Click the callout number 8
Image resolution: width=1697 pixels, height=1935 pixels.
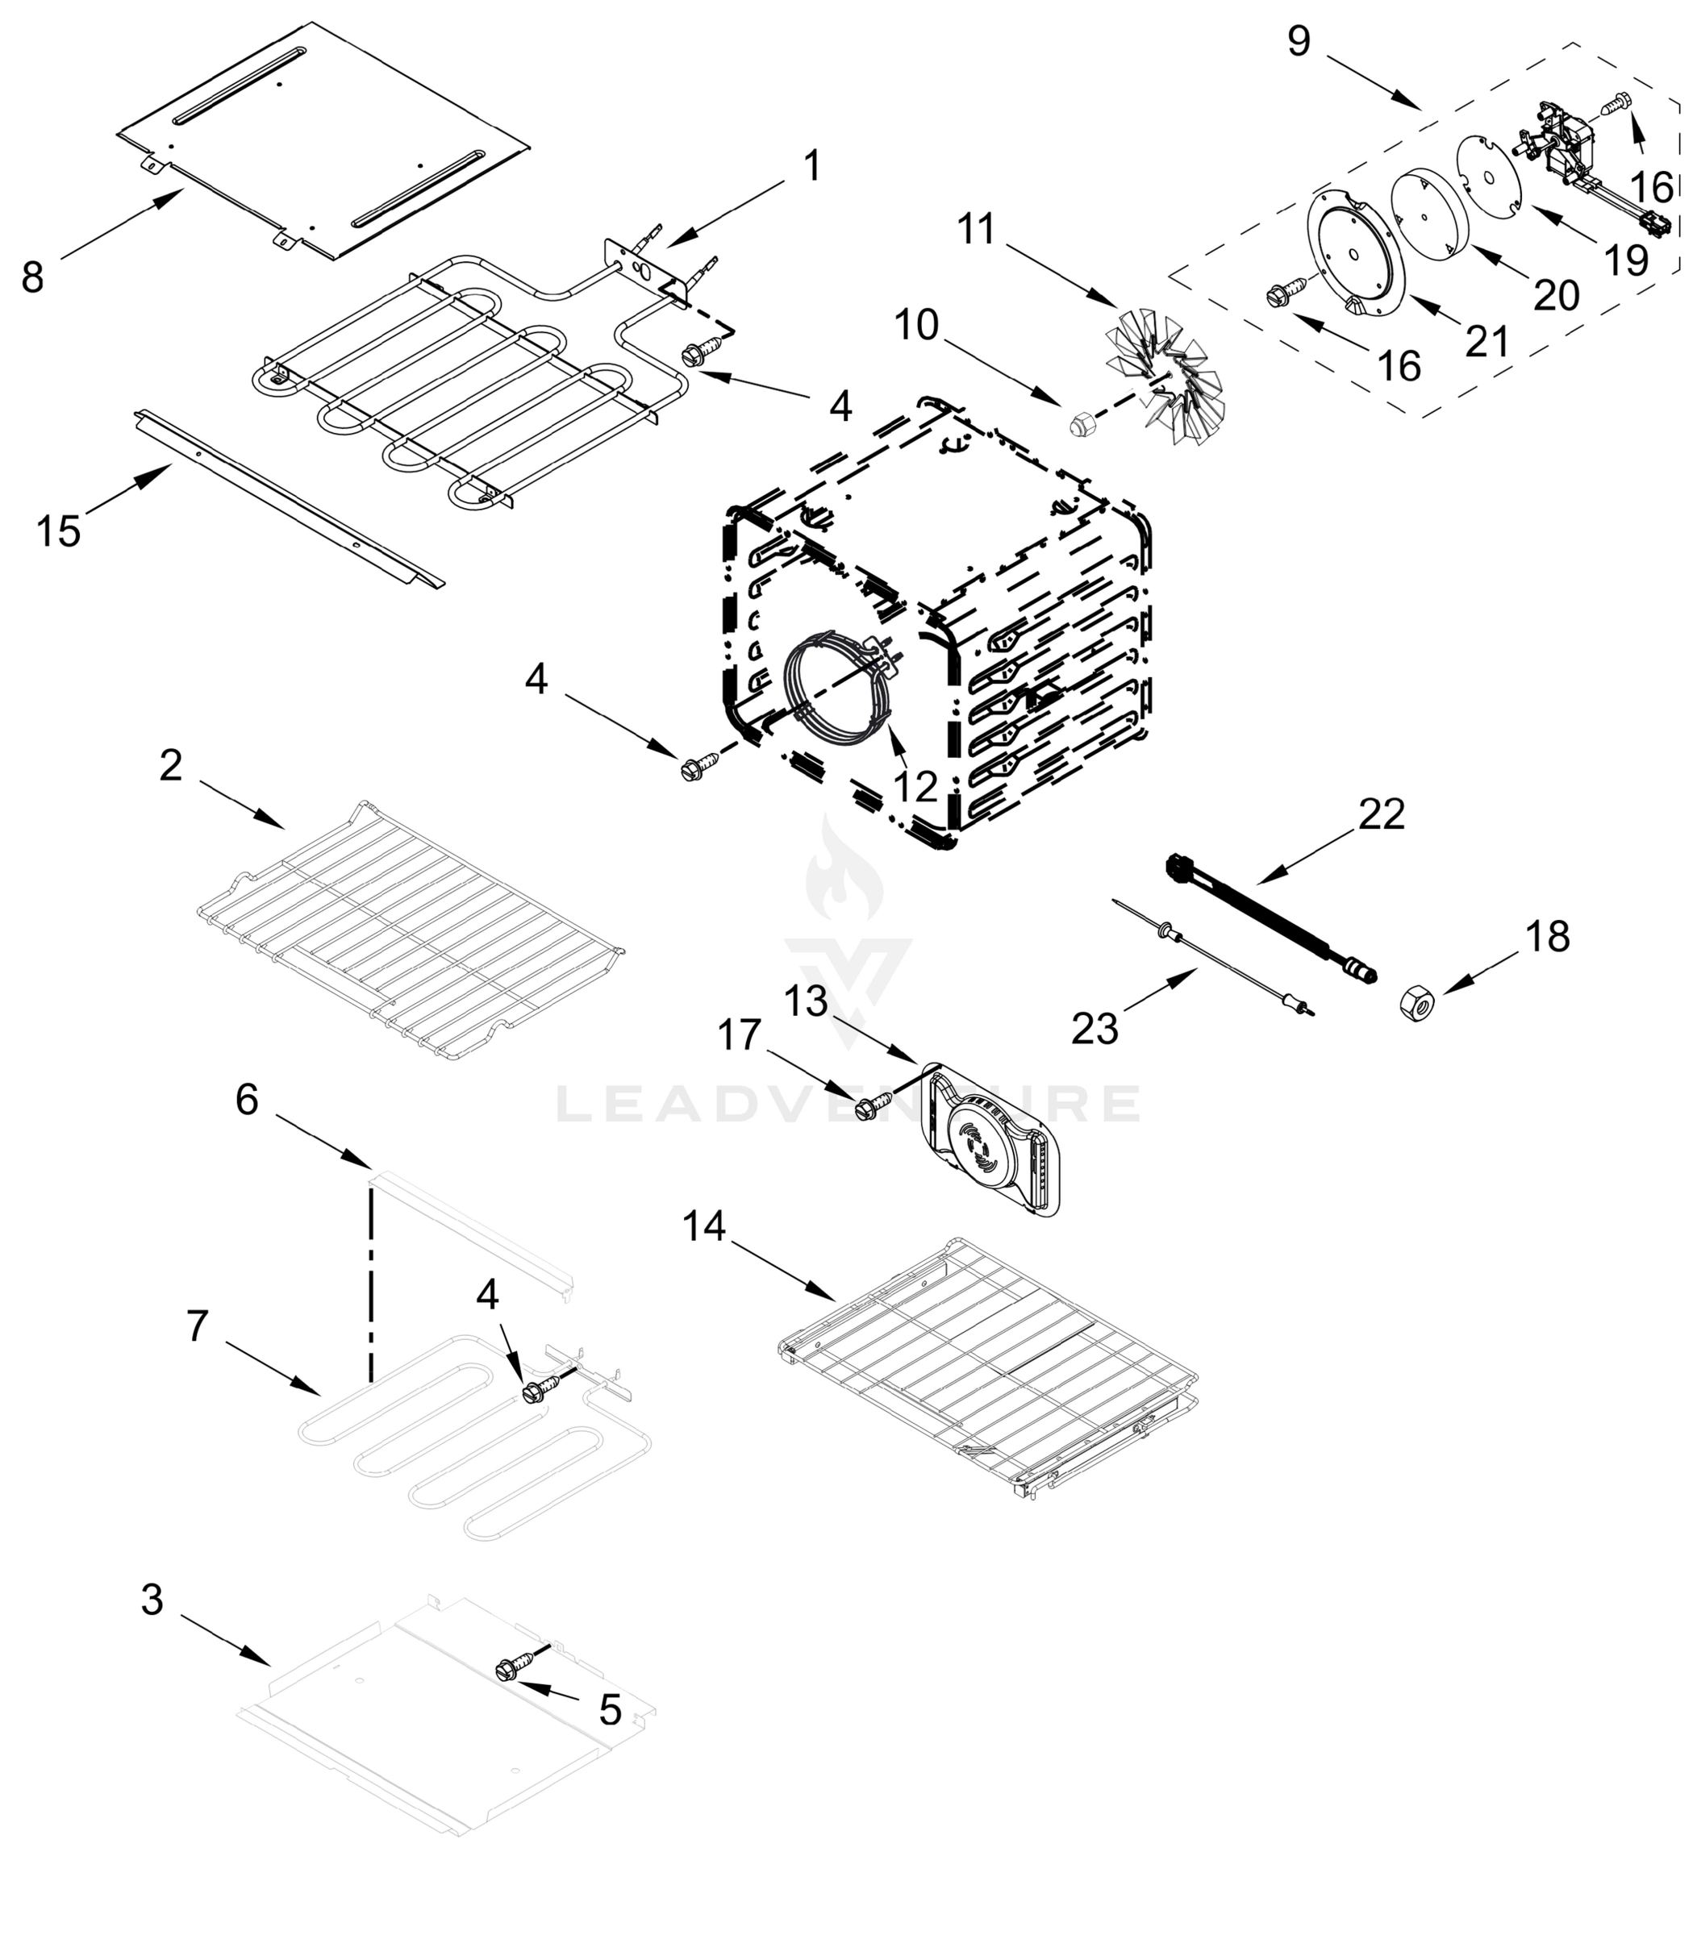click(x=32, y=277)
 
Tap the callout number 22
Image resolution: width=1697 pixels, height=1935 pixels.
click(x=1382, y=814)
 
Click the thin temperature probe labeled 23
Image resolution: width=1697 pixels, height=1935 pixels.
click(x=1222, y=955)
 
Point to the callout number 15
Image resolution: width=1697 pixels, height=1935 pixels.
click(x=58, y=531)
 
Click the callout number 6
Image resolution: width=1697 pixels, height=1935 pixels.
click(x=247, y=1099)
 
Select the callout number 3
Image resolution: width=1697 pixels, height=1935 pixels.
click(x=152, y=1599)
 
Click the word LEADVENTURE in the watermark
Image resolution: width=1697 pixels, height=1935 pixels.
click(x=848, y=1104)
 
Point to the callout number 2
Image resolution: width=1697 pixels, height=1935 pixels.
click(x=169, y=765)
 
